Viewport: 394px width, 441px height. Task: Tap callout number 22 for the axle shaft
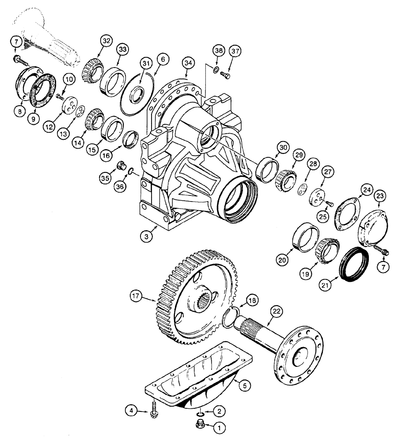276,311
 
